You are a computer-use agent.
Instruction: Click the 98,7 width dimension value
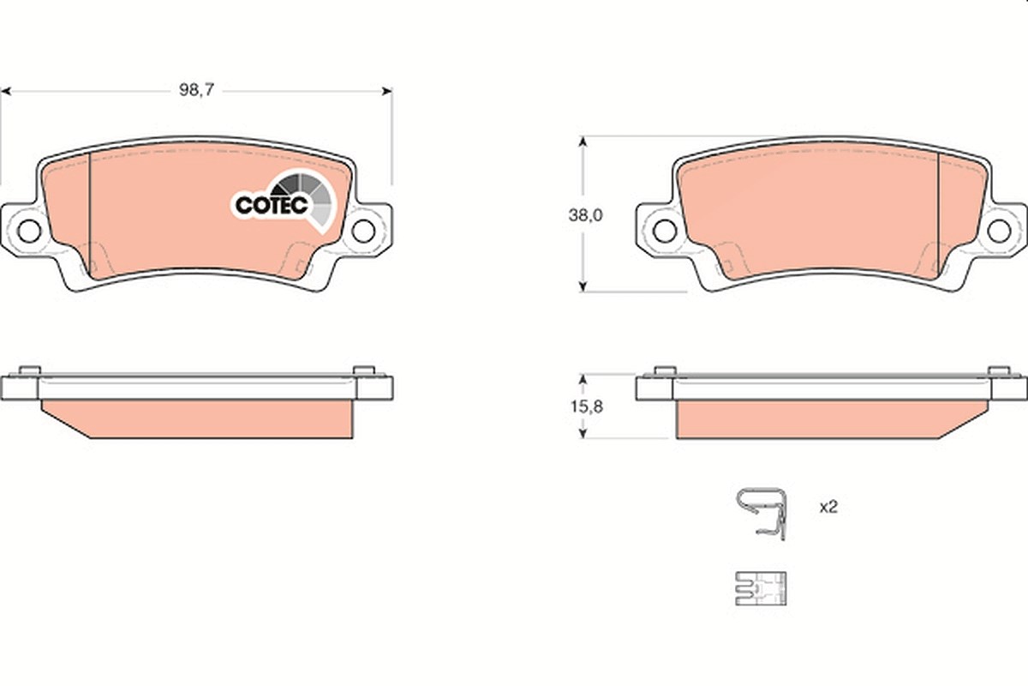(x=196, y=90)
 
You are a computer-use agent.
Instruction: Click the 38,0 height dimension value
(x=586, y=215)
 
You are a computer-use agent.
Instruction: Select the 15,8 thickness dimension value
(x=587, y=406)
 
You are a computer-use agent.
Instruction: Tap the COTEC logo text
(x=272, y=205)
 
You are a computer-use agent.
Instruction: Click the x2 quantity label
(x=828, y=508)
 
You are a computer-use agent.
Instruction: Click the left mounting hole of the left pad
(x=29, y=232)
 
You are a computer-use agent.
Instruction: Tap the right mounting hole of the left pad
(x=363, y=232)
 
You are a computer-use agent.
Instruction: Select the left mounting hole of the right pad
(x=665, y=232)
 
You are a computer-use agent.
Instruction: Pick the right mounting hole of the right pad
(x=999, y=232)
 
